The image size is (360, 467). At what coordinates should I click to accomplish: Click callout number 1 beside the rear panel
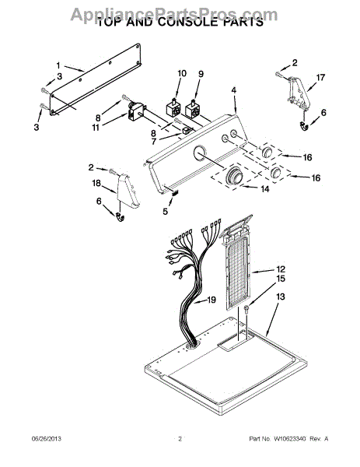(58, 65)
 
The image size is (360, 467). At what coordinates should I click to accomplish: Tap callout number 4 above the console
(234, 91)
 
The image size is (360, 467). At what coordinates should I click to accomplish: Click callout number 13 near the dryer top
(281, 297)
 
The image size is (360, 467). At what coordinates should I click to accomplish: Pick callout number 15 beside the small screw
(281, 278)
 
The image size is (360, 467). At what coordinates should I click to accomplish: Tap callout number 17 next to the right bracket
(320, 77)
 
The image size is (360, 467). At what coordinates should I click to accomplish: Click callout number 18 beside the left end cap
(97, 183)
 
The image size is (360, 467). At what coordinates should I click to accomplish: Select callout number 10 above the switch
(182, 74)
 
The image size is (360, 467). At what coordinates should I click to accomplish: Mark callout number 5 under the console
(165, 210)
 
